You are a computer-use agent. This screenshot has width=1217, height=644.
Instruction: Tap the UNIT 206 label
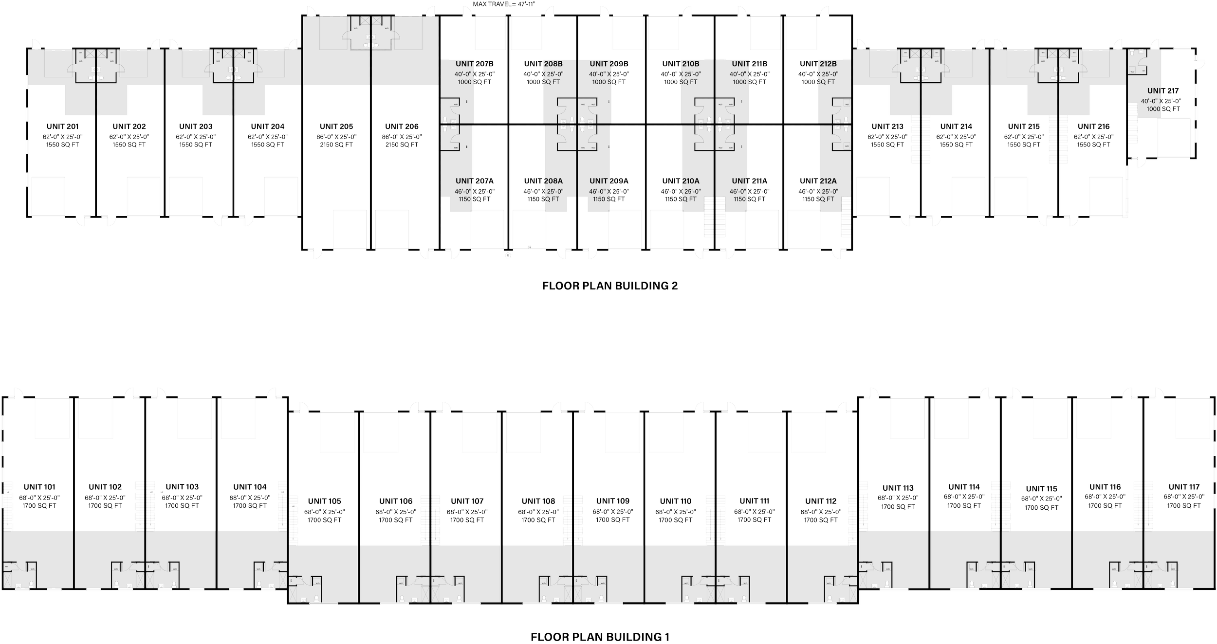point(402,127)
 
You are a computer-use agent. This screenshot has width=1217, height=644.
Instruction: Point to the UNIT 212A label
point(818,181)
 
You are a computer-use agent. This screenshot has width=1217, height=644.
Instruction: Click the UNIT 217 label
point(1162,91)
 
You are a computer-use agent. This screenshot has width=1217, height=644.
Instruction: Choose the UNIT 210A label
point(681,181)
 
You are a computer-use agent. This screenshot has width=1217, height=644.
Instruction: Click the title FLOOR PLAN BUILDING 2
point(610,286)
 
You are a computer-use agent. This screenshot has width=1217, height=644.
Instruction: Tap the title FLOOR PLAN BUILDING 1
point(600,637)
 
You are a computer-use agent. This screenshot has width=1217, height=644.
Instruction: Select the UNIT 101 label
point(39,487)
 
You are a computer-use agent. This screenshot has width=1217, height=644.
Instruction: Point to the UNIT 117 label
point(1183,487)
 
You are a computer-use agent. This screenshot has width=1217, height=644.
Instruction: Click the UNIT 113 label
point(898,488)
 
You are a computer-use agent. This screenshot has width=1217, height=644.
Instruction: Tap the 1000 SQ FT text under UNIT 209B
point(609,82)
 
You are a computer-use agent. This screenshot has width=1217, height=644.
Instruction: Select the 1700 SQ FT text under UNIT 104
point(250,506)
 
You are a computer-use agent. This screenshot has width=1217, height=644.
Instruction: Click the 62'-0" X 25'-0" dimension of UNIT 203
point(196,137)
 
